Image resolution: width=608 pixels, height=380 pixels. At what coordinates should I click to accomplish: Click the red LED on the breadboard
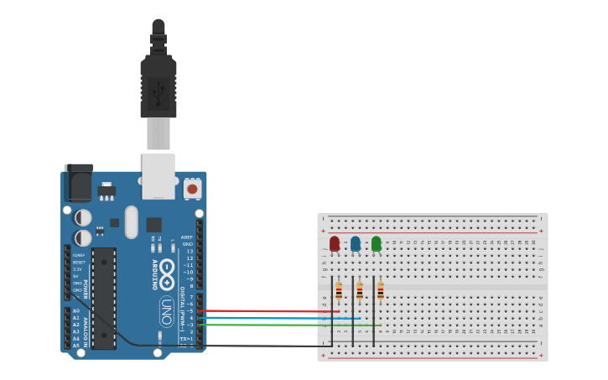click(335, 243)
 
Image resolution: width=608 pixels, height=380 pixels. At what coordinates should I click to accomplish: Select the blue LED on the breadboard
click(356, 243)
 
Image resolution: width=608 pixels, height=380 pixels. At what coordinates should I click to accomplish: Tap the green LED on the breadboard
click(377, 243)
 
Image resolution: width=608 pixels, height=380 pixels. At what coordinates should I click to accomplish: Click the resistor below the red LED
click(339, 291)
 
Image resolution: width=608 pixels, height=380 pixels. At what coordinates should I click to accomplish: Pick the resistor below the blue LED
click(360, 291)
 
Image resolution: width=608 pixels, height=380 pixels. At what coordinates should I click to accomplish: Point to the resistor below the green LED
click(380, 291)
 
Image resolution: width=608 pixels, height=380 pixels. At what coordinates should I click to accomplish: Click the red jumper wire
click(268, 311)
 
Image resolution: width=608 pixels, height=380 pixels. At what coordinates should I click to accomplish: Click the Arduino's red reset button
click(192, 189)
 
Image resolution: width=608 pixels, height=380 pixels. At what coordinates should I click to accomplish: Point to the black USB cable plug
click(158, 84)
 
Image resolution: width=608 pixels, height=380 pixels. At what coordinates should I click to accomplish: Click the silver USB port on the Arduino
click(158, 175)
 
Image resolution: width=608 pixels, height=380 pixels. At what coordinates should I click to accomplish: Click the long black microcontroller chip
click(104, 298)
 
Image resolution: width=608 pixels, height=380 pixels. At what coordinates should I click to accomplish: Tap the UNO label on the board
click(166, 311)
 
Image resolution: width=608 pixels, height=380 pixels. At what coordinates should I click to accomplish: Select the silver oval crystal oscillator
click(132, 222)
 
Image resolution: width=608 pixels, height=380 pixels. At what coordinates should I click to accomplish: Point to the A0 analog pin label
click(76, 311)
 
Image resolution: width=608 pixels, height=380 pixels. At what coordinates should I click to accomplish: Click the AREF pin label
click(187, 237)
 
